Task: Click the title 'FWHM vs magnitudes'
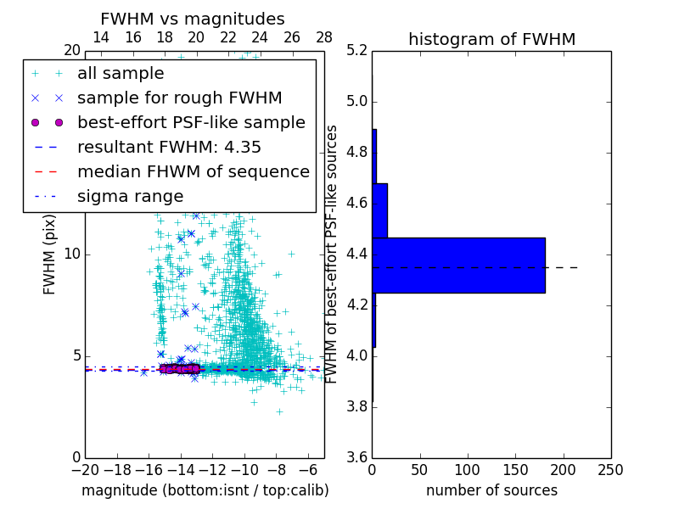(x=193, y=19)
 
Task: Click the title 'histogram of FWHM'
(x=491, y=39)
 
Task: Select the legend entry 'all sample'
(x=121, y=74)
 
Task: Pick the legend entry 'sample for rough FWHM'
(x=179, y=98)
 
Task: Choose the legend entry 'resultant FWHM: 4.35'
(x=169, y=147)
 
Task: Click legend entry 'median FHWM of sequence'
(x=193, y=171)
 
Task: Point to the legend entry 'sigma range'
(x=130, y=196)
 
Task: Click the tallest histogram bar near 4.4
(x=458, y=266)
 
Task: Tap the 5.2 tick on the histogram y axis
(x=356, y=51)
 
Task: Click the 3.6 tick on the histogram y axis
(x=356, y=457)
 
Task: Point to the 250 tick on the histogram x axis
(x=610, y=470)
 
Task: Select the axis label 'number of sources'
(x=491, y=490)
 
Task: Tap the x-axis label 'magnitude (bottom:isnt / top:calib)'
(x=205, y=490)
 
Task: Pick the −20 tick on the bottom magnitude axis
(x=85, y=470)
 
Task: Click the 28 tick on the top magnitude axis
(x=324, y=37)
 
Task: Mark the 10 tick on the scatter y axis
(x=72, y=255)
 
